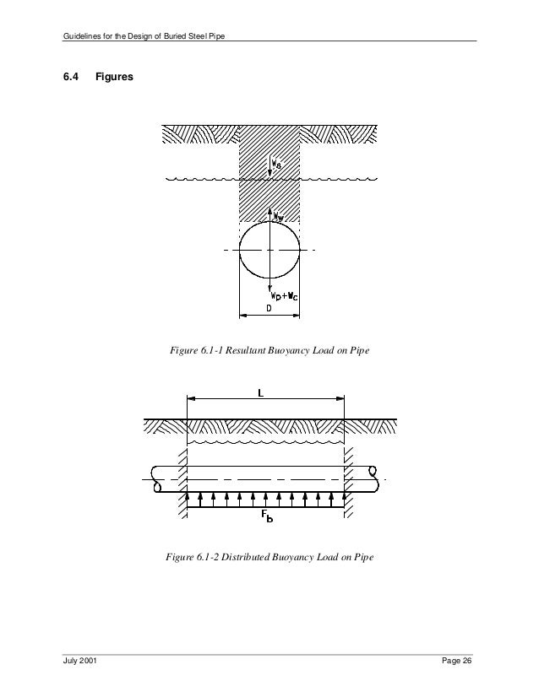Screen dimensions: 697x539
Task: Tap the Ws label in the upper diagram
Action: coord(280,165)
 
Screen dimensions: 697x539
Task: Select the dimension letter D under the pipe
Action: coord(270,309)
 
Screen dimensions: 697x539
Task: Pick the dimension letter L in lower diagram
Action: coord(264,392)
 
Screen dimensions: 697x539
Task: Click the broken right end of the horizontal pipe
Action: coord(369,479)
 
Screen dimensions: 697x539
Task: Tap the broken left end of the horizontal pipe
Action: coord(153,479)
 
